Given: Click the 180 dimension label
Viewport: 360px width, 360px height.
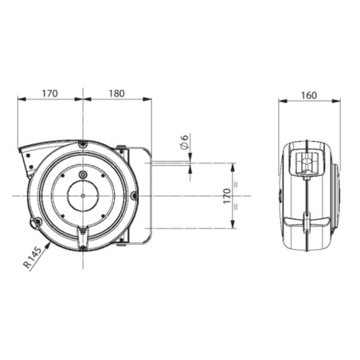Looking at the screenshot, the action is (x=117, y=93).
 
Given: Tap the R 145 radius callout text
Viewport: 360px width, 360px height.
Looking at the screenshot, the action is (x=33, y=257).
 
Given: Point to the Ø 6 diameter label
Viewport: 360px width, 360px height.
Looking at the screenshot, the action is (x=184, y=142).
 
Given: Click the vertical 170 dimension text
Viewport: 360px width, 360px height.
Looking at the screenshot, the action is (x=227, y=196).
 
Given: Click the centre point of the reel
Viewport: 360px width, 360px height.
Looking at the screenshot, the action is (x=83, y=196).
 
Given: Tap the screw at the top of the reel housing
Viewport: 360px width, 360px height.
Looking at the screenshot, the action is (x=83, y=144).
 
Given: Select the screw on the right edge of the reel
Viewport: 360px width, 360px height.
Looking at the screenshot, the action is (x=135, y=196).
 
